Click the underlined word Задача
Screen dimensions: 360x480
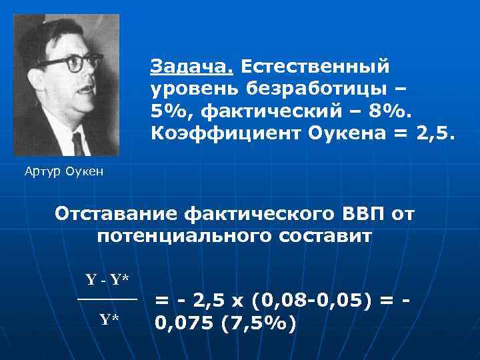(x=192, y=67)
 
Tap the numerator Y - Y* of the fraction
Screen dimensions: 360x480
(x=107, y=280)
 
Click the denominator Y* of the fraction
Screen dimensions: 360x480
(x=109, y=319)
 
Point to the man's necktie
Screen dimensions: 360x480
(x=78, y=143)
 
